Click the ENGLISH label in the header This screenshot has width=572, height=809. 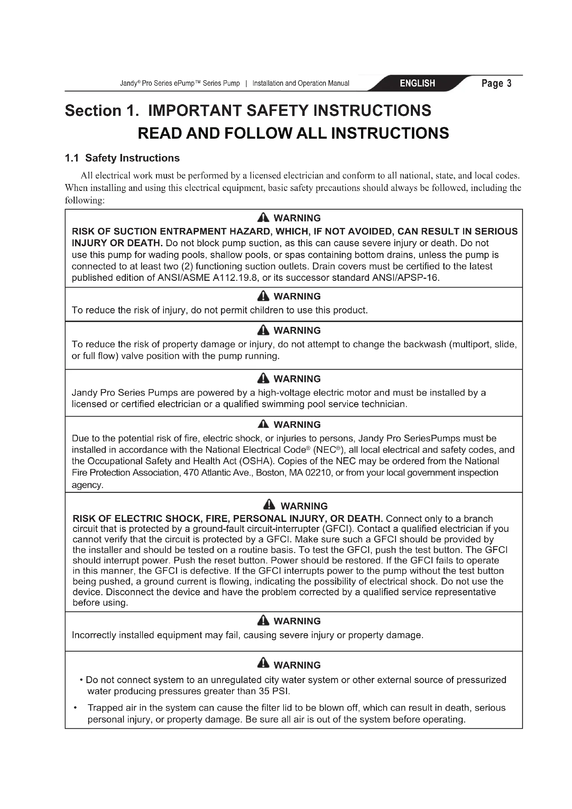click(417, 83)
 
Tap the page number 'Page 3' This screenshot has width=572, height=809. click(496, 83)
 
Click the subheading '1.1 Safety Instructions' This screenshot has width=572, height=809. click(122, 158)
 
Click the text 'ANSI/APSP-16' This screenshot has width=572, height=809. click(405, 278)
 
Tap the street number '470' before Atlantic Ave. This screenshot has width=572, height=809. click(191, 473)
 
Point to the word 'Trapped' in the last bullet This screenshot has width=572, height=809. click(104, 708)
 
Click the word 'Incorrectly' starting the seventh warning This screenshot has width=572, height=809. click(94, 635)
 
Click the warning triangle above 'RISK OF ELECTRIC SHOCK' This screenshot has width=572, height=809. click(269, 505)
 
